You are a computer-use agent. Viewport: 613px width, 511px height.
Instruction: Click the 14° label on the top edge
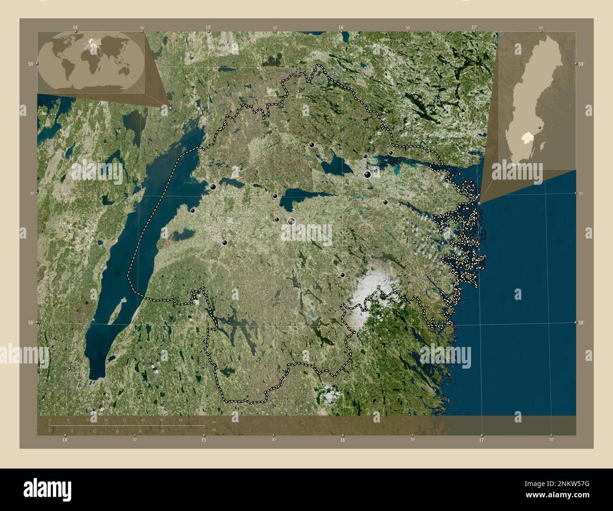75,27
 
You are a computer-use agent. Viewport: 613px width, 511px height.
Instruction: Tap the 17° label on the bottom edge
481,440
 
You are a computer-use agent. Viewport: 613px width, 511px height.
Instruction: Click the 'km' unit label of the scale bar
214,421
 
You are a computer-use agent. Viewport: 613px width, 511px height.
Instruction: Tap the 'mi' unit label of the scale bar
214,429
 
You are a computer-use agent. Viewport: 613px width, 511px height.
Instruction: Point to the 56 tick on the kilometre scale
180,420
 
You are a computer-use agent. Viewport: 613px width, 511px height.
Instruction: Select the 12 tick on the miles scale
95,431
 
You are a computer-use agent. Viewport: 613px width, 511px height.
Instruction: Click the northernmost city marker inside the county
312,145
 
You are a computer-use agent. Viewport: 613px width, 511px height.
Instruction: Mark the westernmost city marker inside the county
192,211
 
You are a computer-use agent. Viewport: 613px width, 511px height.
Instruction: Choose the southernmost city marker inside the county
342,275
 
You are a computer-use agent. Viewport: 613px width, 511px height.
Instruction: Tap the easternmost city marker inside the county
391,153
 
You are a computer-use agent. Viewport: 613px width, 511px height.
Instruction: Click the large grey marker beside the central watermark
291,221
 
